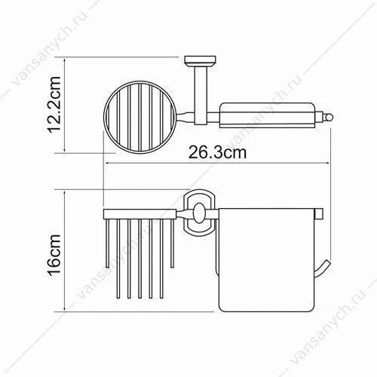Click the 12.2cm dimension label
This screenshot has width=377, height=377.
pos(54,104)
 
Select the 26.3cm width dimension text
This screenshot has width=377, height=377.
pos(218,152)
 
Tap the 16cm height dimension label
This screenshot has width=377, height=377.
pos(54,255)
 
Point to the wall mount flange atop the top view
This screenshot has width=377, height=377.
pos(201,61)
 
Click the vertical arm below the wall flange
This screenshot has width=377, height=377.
pos(201,96)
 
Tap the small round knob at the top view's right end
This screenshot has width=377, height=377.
pos(329,117)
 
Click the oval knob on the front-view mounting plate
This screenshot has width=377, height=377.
pos(199,213)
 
